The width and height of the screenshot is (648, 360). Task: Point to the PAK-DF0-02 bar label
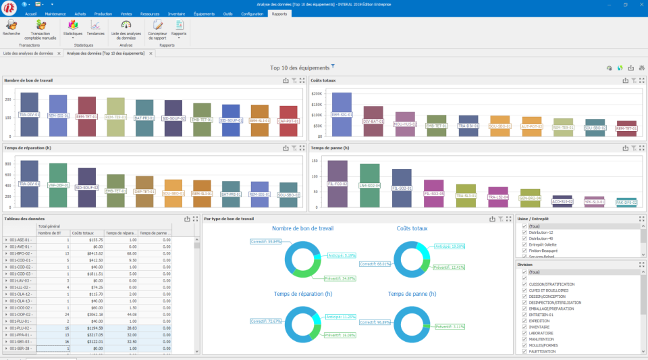(626, 201)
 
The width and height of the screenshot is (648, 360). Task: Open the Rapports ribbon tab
(279, 14)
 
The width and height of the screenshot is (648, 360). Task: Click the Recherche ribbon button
(11, 28)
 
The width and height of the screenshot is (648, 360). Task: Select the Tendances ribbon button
(95, 28)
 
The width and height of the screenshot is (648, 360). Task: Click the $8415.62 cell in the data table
(87, 253)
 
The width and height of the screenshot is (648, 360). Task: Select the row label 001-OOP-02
(18, 314)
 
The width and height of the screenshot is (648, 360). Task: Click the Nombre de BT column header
(51, 233)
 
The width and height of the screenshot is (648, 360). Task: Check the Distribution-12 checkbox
(524, 232)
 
